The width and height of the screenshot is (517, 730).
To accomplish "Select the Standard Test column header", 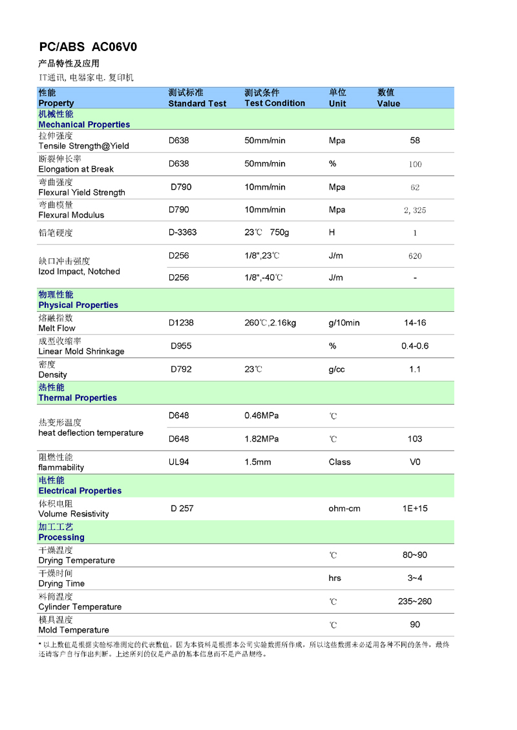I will point(197,103).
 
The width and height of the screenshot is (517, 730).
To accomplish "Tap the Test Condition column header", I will point(275,103).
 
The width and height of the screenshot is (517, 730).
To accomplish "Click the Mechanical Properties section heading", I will point(84,125).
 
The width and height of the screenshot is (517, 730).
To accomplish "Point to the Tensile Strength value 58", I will point(415,141).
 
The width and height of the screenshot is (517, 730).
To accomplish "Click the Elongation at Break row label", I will point(76,169).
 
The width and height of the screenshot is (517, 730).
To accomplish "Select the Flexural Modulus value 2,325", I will point(415,210).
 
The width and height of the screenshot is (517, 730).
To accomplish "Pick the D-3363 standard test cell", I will point(182,232).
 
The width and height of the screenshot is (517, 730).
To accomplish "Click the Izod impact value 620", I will point(415,256).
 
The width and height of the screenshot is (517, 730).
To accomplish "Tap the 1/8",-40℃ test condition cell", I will point(264,278).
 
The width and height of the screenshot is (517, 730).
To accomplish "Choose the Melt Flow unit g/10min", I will point(344,323).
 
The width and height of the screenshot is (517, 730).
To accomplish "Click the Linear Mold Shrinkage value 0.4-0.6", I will point(415,346).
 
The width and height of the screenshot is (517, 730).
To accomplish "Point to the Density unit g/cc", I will point(337,369).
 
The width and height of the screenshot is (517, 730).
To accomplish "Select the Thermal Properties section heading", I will point(78,398).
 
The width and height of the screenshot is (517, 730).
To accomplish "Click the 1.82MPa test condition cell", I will point(262,439).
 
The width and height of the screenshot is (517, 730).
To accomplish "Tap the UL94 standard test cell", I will point(179,462).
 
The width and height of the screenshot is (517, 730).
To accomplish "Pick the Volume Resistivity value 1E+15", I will point(415,509).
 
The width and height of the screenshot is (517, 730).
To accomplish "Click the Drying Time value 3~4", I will point(415,578).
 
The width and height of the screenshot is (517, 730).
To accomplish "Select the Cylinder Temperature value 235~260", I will point(415,602).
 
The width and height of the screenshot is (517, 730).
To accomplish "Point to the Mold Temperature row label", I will point(74,630).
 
